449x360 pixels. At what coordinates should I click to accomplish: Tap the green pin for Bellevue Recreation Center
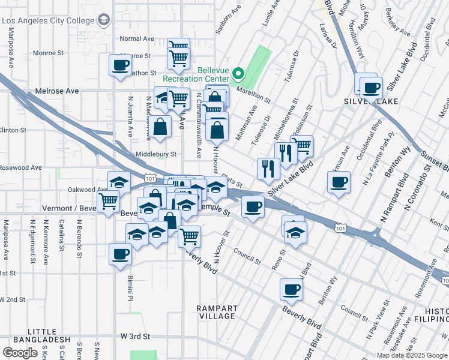(238, 74)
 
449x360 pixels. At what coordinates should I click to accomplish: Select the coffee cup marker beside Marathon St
(119, 65)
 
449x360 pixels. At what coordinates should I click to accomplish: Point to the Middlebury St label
(155, 154)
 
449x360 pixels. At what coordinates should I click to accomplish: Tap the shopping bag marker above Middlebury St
(160, 127)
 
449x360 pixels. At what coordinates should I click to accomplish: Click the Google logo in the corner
(20, 353)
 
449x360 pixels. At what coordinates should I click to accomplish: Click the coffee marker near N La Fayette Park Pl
(339, 182)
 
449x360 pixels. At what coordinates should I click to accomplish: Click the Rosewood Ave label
(20, 167)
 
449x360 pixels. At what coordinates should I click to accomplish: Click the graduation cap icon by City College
(104, 21)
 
